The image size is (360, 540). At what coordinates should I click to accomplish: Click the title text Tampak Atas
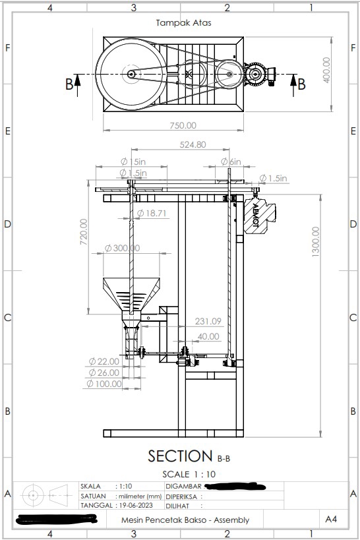tap(183, 22)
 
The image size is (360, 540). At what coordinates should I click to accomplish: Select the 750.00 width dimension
tap(183, 125)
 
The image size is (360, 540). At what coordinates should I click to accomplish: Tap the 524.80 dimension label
tap(192, 144)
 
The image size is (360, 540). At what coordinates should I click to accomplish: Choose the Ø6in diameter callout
tap(231, 162)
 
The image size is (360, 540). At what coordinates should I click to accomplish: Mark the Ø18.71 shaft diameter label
tap(152, 213)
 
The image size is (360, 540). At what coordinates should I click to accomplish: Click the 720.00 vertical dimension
tap(84, 232)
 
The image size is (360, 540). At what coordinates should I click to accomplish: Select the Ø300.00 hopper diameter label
tap(122, 248)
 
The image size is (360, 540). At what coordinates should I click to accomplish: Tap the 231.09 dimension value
tap(208, 321)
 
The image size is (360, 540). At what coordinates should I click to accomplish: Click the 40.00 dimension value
tap(208, 336)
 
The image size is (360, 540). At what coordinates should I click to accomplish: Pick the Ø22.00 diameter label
tap(104, 361)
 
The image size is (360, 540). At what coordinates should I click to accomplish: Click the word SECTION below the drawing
tap(180, 456)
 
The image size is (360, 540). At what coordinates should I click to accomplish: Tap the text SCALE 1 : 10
tap(189, 474)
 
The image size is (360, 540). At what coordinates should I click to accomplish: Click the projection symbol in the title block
tap(46, 495)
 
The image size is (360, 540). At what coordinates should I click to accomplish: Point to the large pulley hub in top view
tap(131, 75)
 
